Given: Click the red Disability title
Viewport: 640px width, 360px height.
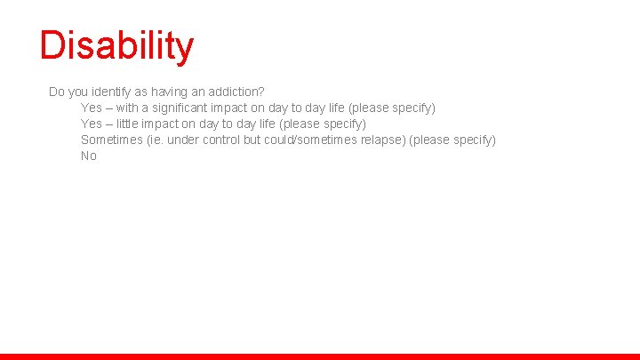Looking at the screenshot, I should [116, 46].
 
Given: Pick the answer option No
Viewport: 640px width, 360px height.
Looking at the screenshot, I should [89, 156].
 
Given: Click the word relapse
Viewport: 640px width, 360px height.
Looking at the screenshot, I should [383, 140].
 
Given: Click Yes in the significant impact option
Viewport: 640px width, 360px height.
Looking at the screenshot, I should [92, 108].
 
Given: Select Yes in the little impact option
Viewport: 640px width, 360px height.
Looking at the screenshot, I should [92, 124].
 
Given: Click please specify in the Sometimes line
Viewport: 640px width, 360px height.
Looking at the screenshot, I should [452, 140].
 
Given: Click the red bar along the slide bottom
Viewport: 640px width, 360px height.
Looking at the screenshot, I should [320, 356].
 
